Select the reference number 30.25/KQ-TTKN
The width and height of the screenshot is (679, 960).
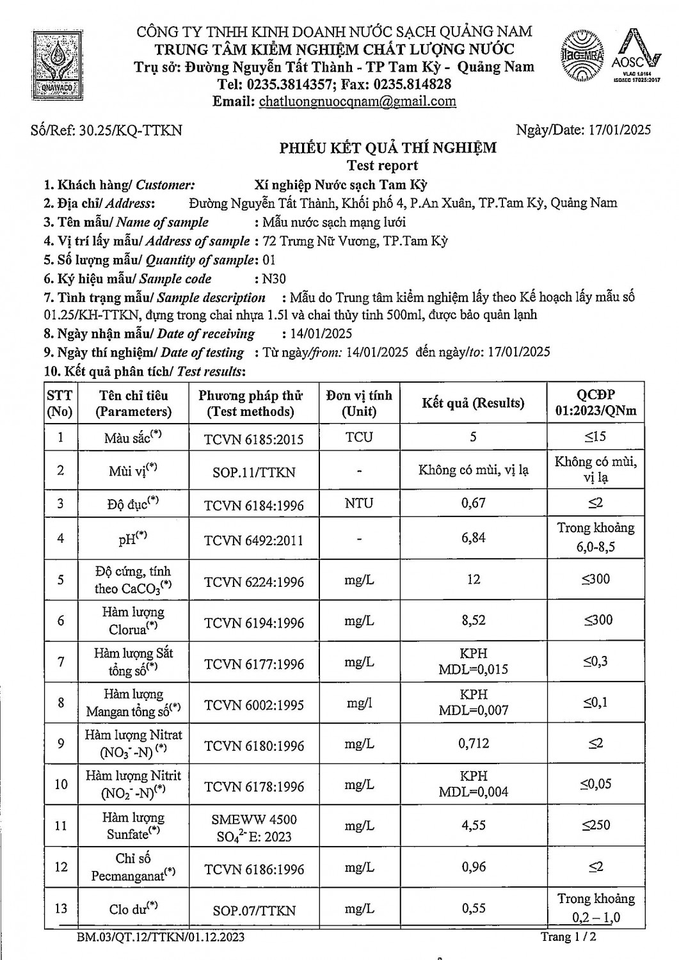pos(131,131)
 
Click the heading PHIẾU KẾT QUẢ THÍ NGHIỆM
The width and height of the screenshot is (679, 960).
pos(388,148)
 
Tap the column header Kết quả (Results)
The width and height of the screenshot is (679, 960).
pos(473,403)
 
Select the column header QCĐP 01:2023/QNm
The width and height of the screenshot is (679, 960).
pos(596,403)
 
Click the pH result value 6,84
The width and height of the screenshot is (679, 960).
pos(474,538)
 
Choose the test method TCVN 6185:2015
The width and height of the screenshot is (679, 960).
pos(253,439)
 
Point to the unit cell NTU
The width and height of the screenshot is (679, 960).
pos(359,503)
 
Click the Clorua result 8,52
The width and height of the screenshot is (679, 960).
pos(474,620)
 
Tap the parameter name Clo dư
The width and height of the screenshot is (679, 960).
pos(133,909)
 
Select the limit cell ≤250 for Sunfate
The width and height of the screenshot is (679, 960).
pos(596,825)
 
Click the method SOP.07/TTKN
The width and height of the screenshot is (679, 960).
pos(254,909)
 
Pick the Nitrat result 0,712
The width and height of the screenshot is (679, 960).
pos(474,743)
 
